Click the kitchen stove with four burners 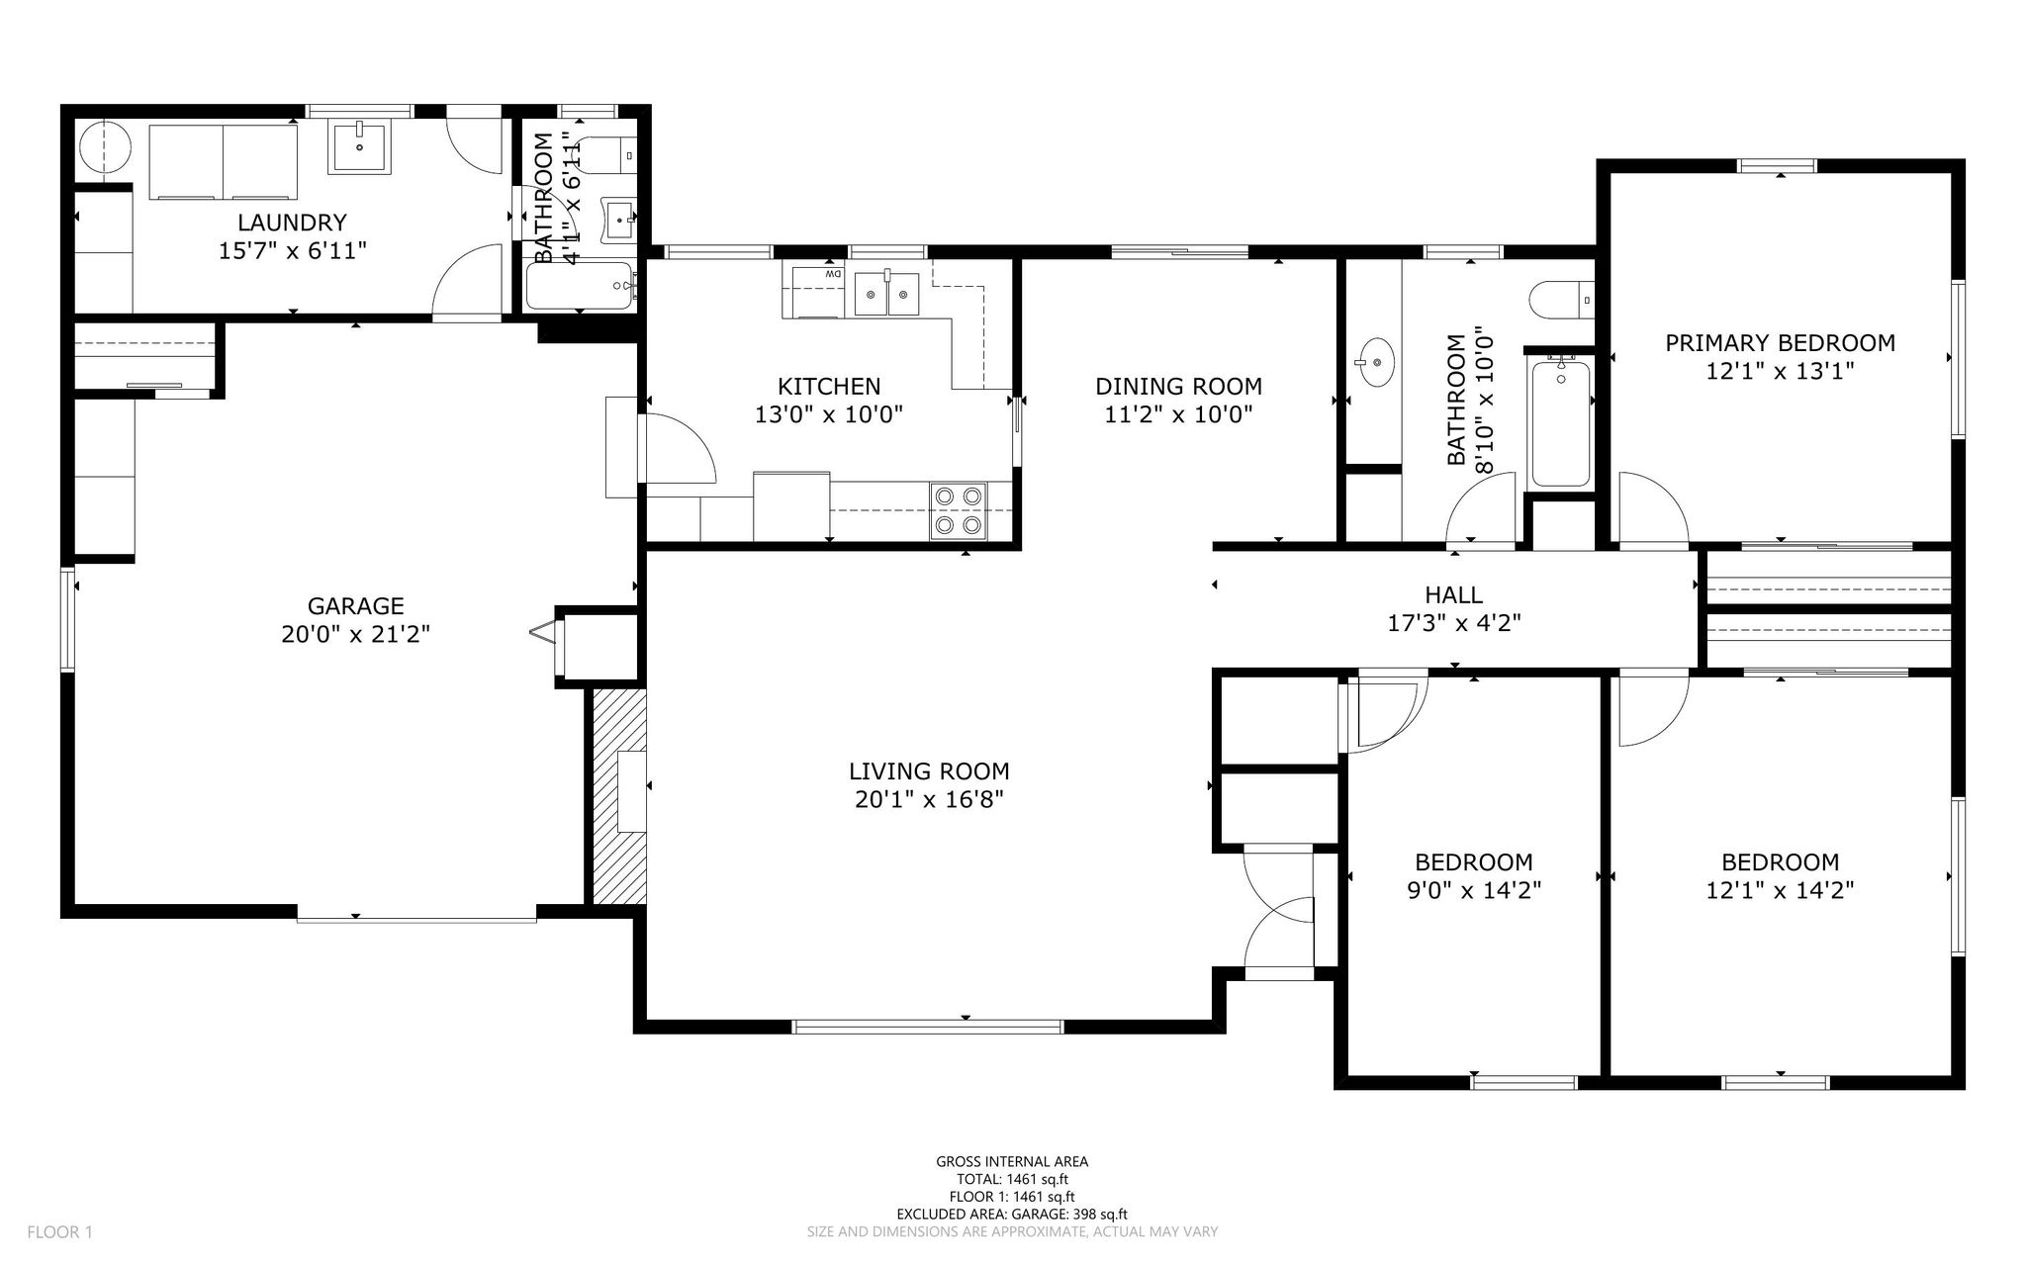[959, 510]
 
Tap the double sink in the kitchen [887, 294]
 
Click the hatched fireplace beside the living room [618, 796]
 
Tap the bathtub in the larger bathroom [1561, 423]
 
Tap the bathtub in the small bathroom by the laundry [580, 286]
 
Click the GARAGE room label [355, 605]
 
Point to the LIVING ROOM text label [929, 770]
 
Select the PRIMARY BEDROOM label [1780, 343]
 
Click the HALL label [1453, 594]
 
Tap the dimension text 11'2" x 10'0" [1178, 414]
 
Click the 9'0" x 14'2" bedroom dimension [1474, 890]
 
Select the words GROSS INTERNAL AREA [1012, 1162]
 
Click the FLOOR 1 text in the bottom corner [59, 1232]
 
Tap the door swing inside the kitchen [680, 448]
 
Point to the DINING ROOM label [1178, 386]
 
